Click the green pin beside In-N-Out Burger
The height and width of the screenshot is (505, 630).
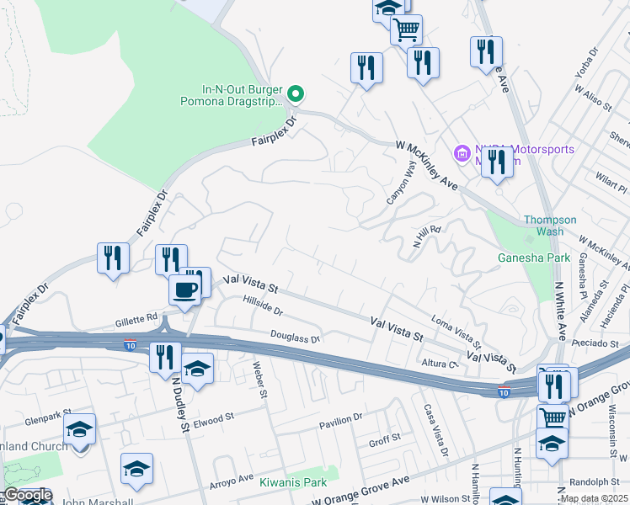point(295,93)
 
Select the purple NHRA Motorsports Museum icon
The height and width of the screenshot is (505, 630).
point(462,154)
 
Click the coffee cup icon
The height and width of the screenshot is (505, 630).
point(185,290)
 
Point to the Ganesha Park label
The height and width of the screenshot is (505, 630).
point(533,258)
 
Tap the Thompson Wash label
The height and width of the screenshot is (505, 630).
point(550,226)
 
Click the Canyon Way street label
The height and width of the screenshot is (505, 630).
point(402,183)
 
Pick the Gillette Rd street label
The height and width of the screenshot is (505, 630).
point(136,319)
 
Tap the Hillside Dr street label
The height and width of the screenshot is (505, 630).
point(262,305)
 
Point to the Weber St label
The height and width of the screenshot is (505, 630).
point(261,379)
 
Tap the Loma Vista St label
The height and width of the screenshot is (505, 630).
point(455,332)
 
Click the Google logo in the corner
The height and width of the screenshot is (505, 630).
point(27,495)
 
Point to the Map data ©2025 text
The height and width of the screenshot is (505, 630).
point(594,498)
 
